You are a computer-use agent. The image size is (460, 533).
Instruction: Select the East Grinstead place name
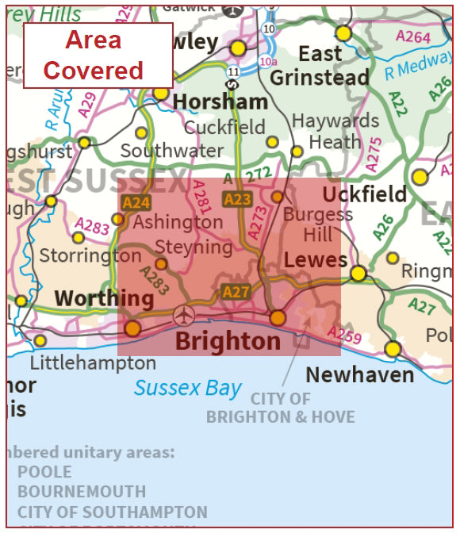point(320,66)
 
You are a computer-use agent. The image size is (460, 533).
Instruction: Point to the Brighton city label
point(228,342)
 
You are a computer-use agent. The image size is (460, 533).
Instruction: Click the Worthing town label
point(104,298)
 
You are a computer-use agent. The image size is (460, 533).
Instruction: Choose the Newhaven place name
point(359,374)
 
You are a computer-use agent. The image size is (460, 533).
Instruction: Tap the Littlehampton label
point(93,363)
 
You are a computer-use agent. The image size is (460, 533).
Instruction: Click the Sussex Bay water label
point(187,388)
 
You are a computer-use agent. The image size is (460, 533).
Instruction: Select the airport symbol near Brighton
point(184,315)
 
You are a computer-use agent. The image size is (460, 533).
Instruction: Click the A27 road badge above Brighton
point(236,292)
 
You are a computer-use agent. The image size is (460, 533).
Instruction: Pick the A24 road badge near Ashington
point(136,203)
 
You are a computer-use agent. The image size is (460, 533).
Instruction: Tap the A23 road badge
point(237,200)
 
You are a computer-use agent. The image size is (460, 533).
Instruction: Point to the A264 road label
point(413,37)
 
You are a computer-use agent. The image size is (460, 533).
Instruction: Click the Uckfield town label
point(364,194)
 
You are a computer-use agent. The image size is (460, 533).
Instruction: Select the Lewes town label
point(315,260)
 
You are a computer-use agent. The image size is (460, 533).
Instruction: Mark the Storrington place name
point(90,255)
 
